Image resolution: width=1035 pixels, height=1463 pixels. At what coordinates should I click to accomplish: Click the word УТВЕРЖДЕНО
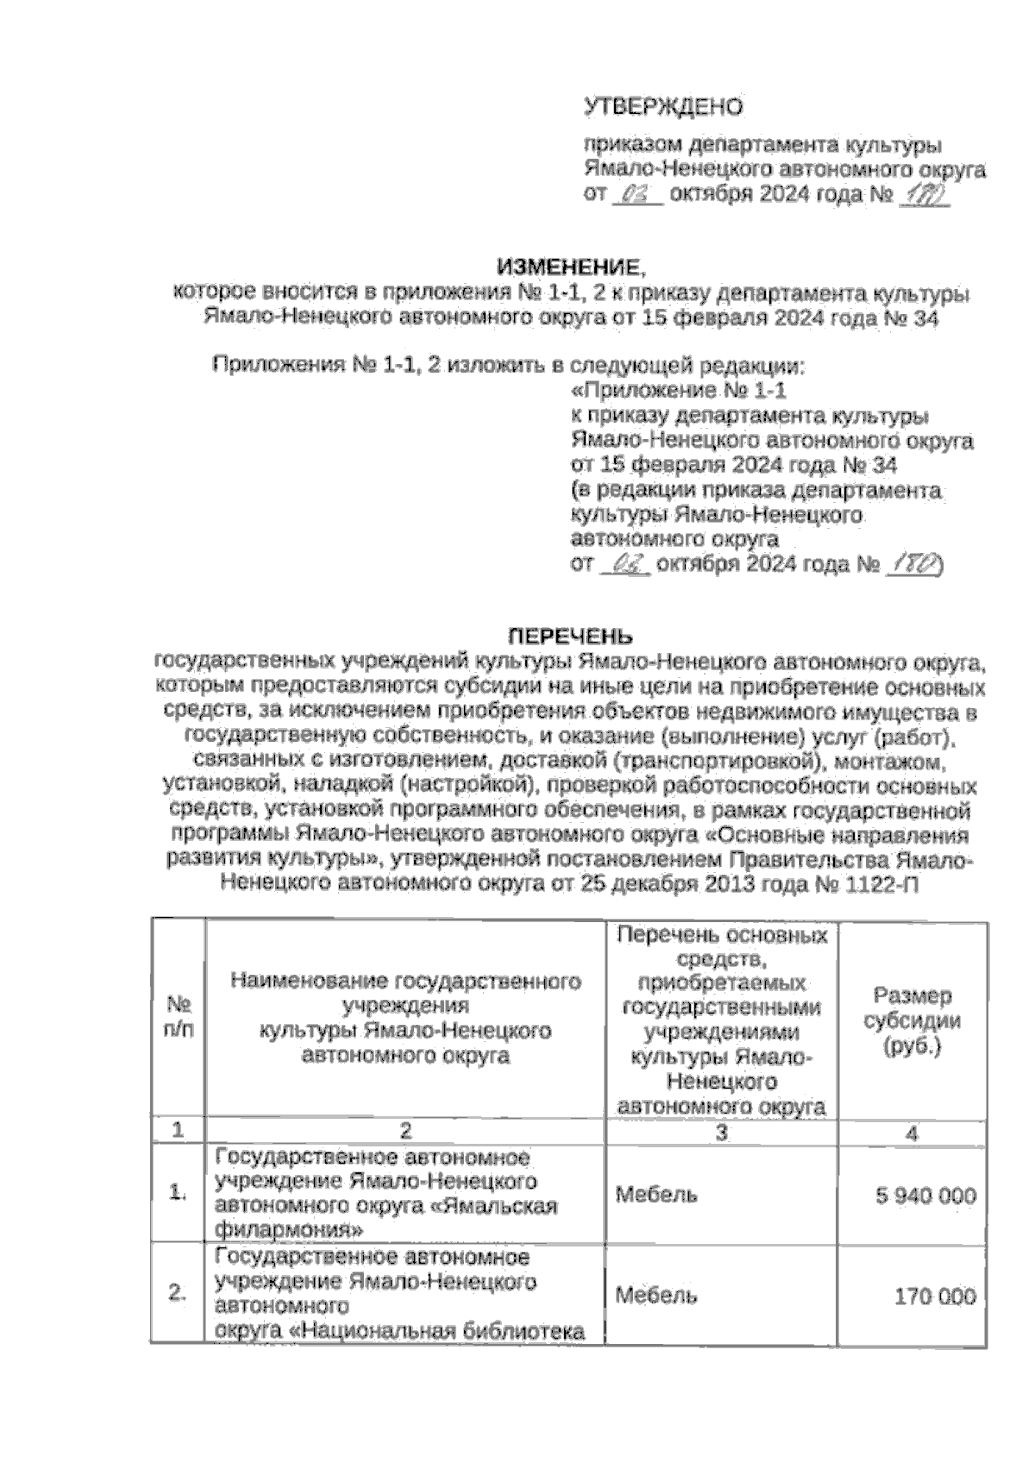click(663, 107)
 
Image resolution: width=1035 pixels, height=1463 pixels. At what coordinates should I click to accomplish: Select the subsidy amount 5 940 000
click(925, 1196)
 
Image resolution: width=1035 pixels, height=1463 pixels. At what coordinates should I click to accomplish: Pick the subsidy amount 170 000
click(935, 1296)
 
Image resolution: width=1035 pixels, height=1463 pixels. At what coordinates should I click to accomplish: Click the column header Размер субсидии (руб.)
click(913, 1021)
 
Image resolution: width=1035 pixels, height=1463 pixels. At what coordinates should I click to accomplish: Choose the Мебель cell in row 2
click(656, 1295)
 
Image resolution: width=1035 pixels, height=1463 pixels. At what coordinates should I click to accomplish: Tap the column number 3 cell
click(722, 1132)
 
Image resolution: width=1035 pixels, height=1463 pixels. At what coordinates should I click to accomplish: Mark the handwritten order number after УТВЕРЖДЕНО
click(922, 197)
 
